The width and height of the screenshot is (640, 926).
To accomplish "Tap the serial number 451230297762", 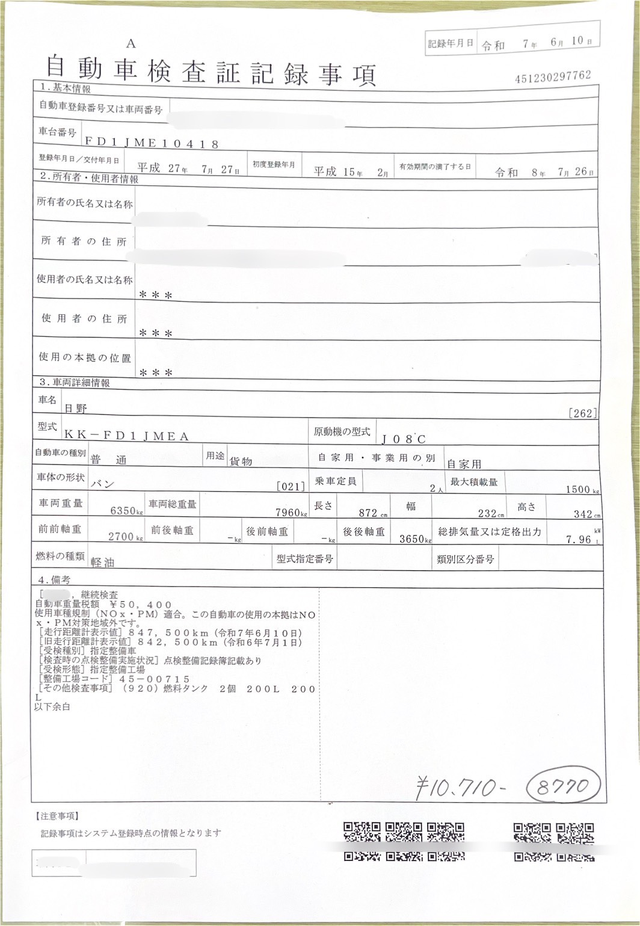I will [x=553, y=76].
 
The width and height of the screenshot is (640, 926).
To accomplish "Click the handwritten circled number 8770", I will [x=564, y=786].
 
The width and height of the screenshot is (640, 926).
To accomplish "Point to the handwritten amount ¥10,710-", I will [x=461, y=786].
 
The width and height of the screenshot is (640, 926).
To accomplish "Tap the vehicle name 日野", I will [x=76, y=409].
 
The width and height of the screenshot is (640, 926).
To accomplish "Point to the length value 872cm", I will [x=372, y=513].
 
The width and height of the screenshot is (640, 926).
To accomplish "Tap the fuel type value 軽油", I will [x=102, y=562].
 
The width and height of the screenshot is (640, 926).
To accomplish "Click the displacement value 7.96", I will [x=578, y=540].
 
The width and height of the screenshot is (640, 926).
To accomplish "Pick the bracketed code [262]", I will [x=582, y=413].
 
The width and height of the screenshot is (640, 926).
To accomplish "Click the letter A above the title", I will [x=131, y=44].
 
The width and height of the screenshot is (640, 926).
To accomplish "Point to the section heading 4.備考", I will [x=54, y=580].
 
